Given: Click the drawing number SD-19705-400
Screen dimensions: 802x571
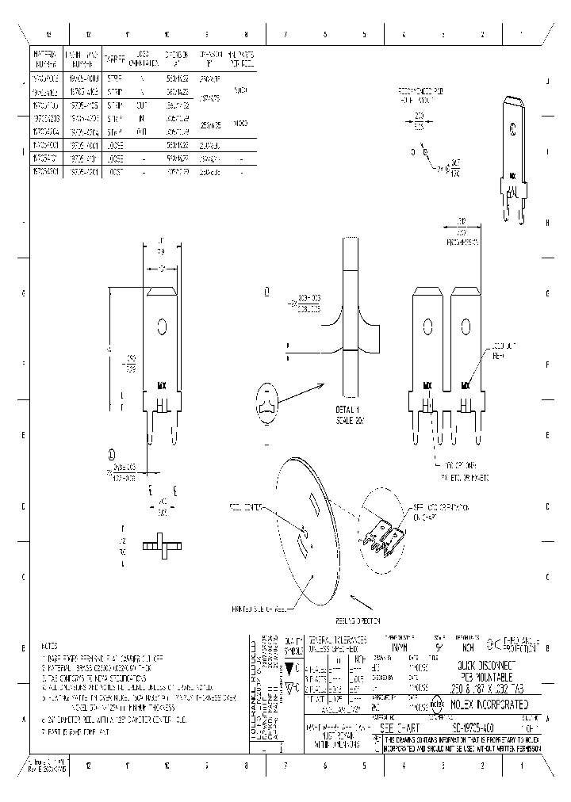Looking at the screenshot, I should tap(476, 725).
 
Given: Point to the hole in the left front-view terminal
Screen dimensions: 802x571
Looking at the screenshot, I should tap(162, 326).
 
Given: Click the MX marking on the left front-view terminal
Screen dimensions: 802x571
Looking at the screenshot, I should tap(162, 386).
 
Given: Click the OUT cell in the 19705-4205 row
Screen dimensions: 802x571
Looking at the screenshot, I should tap(142, 104).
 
